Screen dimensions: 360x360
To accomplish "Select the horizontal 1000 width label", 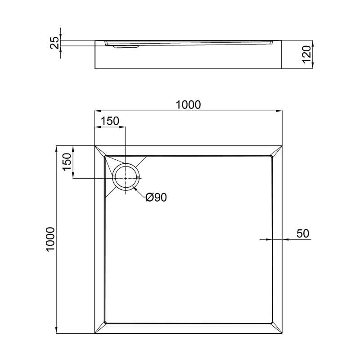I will (188, 104).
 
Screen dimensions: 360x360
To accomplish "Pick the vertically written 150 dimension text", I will (67, 162).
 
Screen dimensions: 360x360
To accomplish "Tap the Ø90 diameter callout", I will (156, 197).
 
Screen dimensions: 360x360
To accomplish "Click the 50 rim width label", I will (302, 234).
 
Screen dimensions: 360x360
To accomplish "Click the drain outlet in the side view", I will (126, 46).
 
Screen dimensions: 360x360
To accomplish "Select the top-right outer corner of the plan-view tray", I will (282, 146).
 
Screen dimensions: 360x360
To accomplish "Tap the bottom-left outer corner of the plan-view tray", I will (95, 333).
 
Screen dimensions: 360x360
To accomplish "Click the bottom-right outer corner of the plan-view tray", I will (282, 333).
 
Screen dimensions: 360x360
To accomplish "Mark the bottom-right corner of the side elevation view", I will (282, 69).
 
